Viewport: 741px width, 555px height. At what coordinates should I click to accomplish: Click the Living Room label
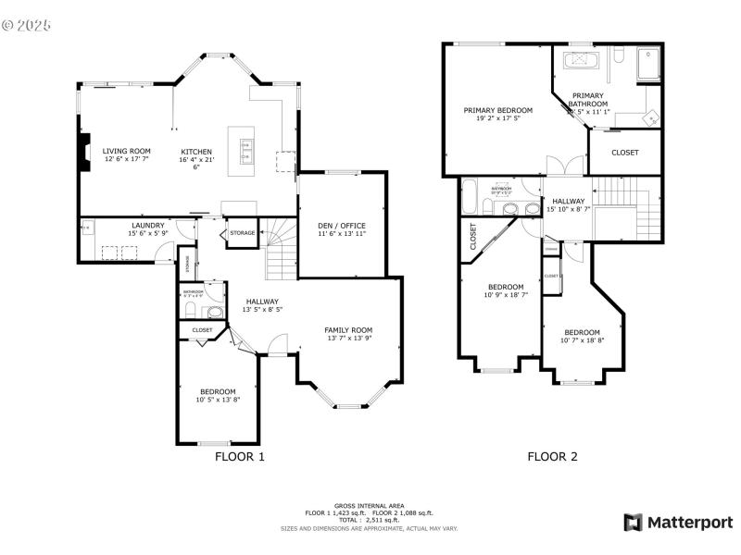126,151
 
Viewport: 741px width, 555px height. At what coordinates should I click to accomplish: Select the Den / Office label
341,226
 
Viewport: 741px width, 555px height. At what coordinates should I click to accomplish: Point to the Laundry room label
148,225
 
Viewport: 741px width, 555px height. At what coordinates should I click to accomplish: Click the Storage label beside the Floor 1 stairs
243,233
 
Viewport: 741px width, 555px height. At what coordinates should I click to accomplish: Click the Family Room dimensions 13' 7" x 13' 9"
348,339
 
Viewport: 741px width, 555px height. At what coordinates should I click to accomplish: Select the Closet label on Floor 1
202,330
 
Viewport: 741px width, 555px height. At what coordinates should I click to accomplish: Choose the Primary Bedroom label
497,109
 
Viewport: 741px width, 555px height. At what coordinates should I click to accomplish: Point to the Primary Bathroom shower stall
646,64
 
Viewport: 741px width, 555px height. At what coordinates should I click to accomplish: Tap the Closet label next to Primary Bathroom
625,153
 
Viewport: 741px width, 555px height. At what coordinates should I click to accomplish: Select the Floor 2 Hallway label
568,201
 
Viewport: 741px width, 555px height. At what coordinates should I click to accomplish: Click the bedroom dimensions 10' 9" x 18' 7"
506,295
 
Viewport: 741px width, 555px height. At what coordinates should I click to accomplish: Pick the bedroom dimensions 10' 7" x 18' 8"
582,340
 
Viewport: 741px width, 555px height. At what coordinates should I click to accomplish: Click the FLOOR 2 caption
552,456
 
